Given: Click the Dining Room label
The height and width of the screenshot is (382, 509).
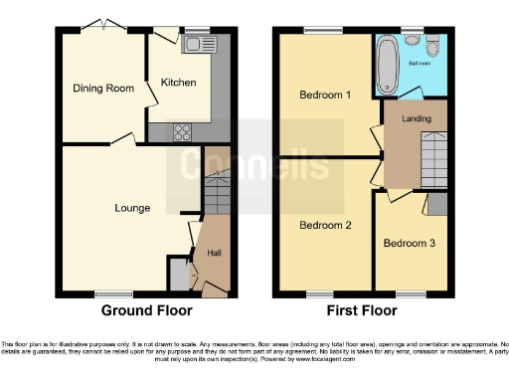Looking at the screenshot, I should coord(102,89).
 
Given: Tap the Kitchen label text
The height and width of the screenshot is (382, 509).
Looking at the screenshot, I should coord(179,83).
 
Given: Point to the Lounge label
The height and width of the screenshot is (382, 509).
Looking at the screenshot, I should coord(132,208).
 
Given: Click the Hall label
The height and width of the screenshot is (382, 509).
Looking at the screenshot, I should coord(214,254).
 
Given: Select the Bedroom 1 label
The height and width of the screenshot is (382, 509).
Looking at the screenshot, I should coord(326,95).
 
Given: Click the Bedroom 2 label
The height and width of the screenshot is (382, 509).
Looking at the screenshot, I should coord(326,225).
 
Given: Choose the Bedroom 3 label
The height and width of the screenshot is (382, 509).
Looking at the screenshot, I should coord(409,243).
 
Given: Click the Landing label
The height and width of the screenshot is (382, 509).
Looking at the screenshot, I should coord(416,120).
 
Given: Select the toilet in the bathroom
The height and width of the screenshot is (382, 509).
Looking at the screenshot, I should coord(429,47).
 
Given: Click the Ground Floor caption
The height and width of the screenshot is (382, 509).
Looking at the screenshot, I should coord(145,310).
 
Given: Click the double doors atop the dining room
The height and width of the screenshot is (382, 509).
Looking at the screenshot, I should coord(102,26).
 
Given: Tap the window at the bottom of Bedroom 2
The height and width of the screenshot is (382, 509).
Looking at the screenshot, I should coord(319,294).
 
